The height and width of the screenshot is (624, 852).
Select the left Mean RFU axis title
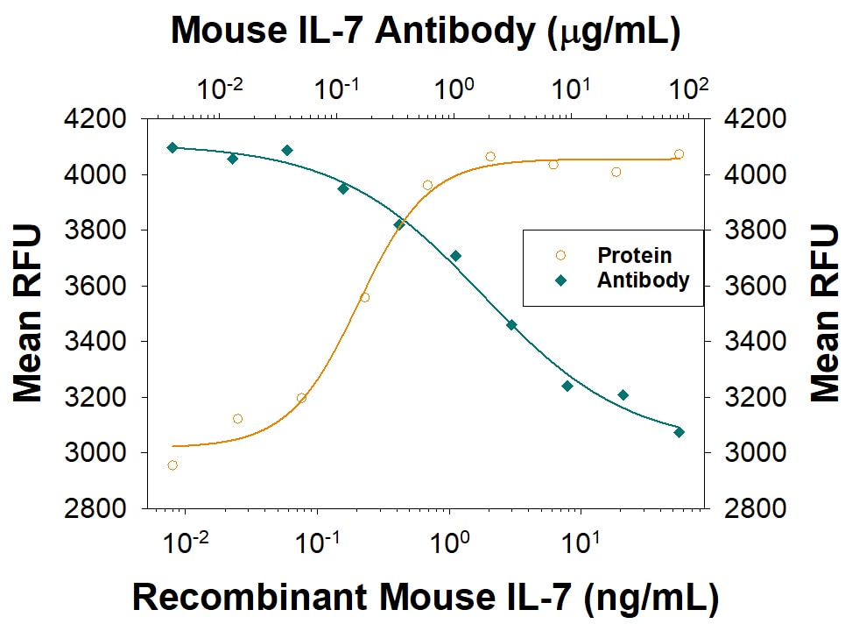tap(28, 313)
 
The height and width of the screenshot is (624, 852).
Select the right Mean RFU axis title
tap(824, 313)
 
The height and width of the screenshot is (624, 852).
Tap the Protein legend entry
tap(634, 255)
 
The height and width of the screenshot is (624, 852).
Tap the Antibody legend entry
tap(643, 280)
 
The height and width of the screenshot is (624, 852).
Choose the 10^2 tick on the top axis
tap(687, 89)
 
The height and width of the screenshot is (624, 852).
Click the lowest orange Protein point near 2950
tap(173, 464)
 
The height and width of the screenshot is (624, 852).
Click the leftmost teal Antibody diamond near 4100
tap(173, 147)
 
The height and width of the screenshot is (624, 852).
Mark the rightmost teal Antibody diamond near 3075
tap(679, 432)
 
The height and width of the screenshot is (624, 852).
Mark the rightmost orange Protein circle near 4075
tap(679, 154)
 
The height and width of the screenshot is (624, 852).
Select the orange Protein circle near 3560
tap(364, 297)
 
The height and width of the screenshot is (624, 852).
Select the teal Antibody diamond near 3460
tap(511, 324)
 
